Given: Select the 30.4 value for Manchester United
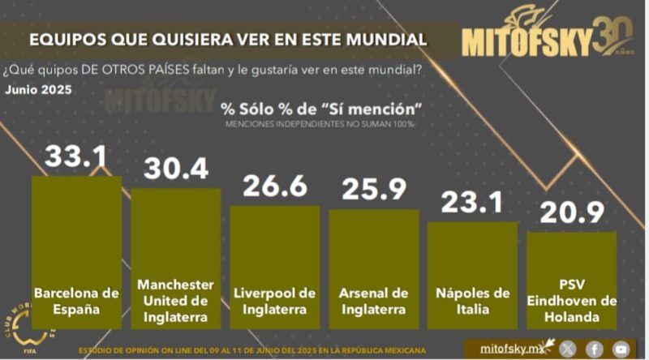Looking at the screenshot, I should (x=176, y=169).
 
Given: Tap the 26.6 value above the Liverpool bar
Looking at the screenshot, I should (x=275, y=186).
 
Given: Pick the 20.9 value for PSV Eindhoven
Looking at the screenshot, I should (x=571, y=212).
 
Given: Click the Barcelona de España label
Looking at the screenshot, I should (x=76, y=300).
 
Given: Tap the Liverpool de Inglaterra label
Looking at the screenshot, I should (x=275, y=300).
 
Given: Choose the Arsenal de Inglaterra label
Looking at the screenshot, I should (x=374, y=300).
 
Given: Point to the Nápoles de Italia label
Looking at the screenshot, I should (x=473, y=300).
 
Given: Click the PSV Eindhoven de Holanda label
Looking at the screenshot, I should (x=571, y=300).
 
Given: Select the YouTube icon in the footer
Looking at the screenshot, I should (x=621, y=348).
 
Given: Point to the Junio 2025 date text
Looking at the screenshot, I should (x=38, y=89).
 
